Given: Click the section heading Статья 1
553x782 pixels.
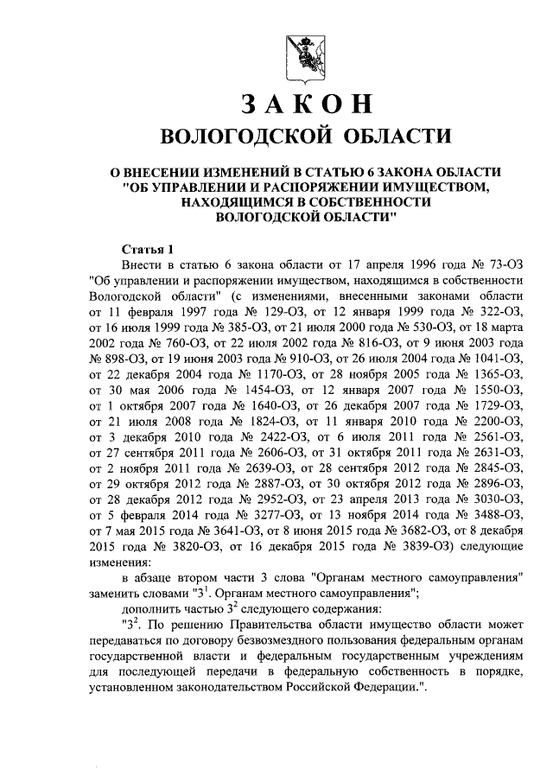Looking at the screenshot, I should point(148,248).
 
